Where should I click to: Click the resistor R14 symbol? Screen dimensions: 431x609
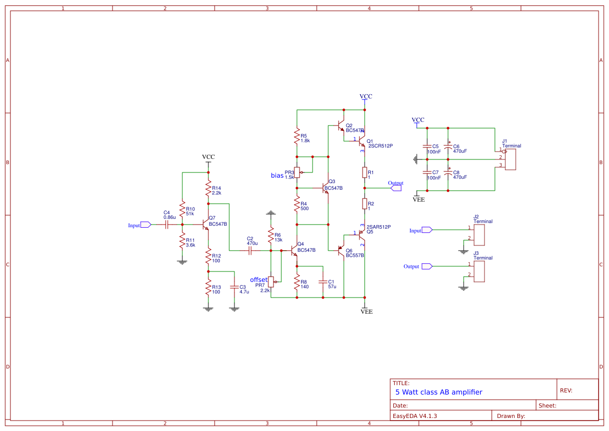click(x=208, y=188)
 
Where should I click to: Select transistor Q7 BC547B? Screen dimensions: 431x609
click(x=205, y=225)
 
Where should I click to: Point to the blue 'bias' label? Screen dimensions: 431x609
click(x=277, y=176)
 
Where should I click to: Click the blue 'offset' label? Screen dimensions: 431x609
click(x=259, y=280)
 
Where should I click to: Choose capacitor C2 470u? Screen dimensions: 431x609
click(x=250, y=251)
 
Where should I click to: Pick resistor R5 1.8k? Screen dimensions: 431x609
click(x=297, y=137)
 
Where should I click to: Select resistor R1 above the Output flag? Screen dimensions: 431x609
click(x=365, y=172)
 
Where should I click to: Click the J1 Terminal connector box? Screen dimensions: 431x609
click(x=511, y=159)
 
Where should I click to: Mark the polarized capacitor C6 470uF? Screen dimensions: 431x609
click(x=448, y=148)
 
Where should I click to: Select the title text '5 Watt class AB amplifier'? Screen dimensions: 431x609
click(x=439, y=392)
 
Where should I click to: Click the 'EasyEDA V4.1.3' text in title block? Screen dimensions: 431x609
click(x=415, y=416)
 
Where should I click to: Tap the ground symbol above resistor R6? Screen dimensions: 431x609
click(x=270, y=213)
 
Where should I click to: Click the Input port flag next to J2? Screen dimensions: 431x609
click(x=426, y=230)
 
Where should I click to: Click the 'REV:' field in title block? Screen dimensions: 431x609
click(x=566, y=390)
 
